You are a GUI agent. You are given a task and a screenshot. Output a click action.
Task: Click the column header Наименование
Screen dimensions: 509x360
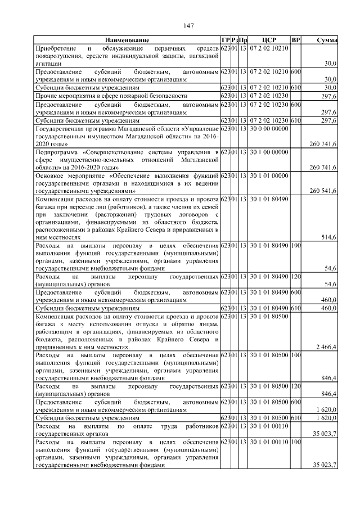point(127,40)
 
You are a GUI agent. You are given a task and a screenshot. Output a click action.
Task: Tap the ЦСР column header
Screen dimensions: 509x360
point(269,40)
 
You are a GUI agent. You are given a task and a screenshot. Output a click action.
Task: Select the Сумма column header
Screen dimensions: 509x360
point(326,40)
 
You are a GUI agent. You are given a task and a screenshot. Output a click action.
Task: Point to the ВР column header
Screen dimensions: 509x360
point(296,40)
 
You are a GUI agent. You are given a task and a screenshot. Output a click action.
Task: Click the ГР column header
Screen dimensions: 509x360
point(226,40)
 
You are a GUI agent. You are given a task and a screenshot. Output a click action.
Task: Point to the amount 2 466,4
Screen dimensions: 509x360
point(326,347)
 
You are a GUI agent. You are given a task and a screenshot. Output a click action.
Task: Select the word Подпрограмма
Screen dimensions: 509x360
point(56,152)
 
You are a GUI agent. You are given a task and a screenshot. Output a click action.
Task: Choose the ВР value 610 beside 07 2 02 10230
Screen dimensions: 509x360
point(296,120)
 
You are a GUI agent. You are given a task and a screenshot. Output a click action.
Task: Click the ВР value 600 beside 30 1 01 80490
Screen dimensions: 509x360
point(296,292)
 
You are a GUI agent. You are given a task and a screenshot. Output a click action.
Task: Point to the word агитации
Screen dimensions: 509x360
point(48,64)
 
